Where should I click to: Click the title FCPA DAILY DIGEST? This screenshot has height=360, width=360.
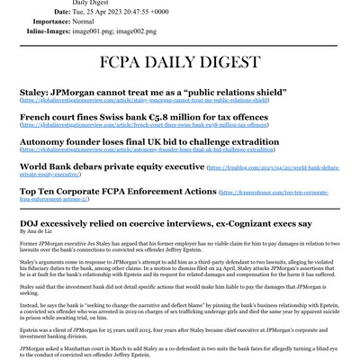click(x=180, y=66)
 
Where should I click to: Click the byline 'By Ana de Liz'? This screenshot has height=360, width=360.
click(x=35, y=231)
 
